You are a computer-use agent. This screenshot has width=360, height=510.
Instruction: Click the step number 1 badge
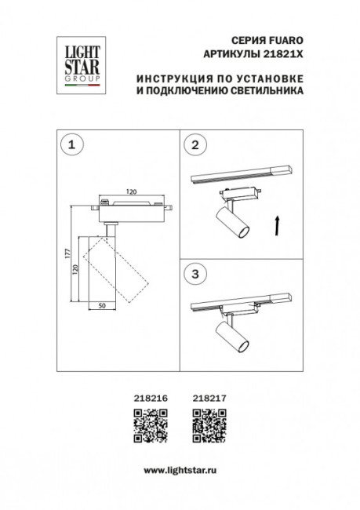[73, 145]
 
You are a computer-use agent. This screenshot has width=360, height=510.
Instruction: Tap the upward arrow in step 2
[277, 227]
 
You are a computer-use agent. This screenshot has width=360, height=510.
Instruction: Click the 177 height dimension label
[69, 253]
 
